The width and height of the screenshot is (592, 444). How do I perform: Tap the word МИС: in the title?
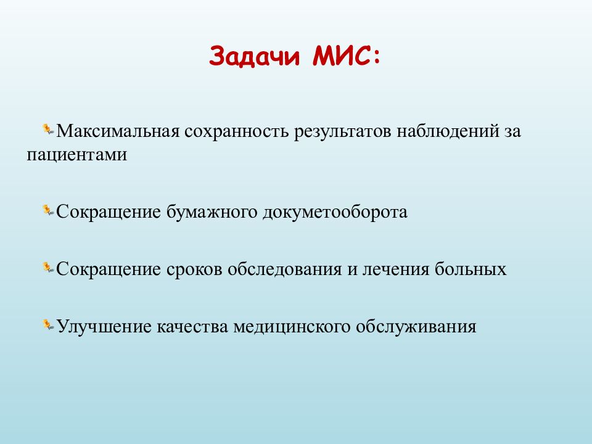pos(346,56)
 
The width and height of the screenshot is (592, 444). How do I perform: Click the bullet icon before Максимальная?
pos(48,129)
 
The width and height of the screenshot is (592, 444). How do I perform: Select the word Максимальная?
pos(118,131)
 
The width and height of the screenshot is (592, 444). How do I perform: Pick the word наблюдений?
pos(448,131)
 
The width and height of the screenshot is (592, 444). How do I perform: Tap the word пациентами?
pos(76,155)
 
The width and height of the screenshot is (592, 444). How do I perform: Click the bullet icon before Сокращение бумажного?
pos(48,211)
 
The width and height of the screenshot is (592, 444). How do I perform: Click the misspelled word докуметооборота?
pos(335,212)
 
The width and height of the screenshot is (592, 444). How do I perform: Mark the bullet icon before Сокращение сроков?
pos(48,268)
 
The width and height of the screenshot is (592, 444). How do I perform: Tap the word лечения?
pos(396,269)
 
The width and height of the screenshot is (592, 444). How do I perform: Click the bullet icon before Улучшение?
pos(48,325)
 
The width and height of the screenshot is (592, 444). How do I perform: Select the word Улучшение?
pos(104,327)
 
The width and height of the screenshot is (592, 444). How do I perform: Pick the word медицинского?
pos(292,327)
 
